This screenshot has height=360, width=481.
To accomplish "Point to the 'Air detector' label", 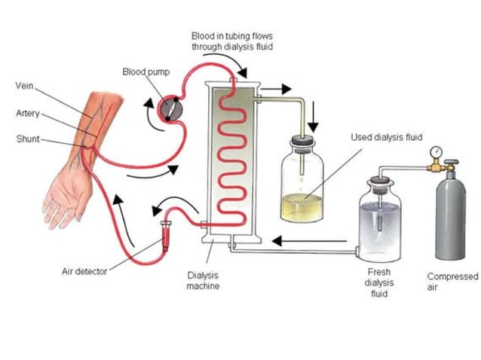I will click(x=84, y=271).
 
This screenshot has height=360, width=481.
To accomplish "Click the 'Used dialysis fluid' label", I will click(x=386, y=137).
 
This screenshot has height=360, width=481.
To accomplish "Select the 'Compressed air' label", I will click(x=452, y=282).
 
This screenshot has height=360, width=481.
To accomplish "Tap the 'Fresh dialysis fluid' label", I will click(x=378, y=282).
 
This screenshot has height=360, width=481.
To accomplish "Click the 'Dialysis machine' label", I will click(x=203, y=281).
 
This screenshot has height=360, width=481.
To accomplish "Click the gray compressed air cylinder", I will click(x=448, y=211).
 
